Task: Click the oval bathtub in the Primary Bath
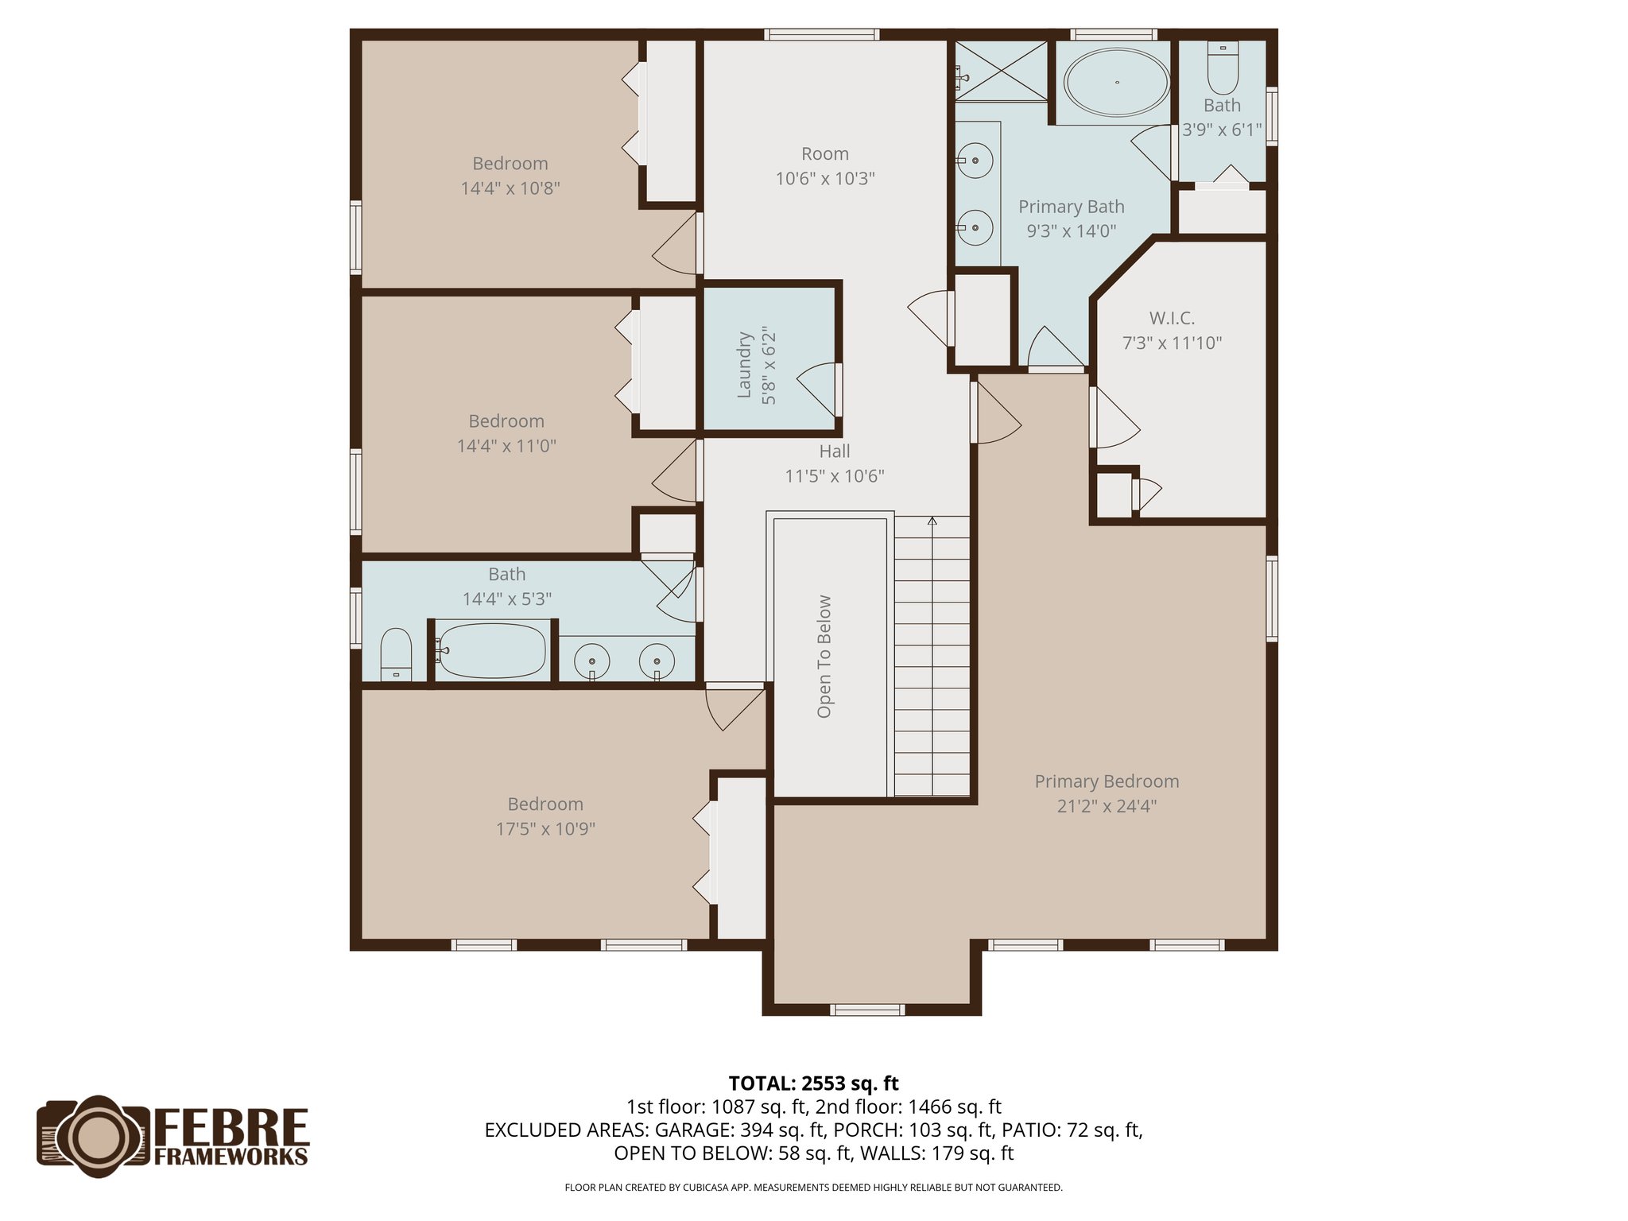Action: click(x=1116, y=82)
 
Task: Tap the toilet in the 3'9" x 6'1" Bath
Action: click(x=1223, y=69)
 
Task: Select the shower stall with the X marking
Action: click(x=1001, y=71)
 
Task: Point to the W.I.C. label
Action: click(x=1172, y=319)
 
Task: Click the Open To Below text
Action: click(x=824, y=657)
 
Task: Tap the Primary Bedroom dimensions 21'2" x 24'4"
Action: click(x=1107, y=806)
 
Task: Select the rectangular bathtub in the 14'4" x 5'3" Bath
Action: click(x=492, y=651)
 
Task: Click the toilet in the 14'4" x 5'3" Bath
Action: click(x=396, y=655)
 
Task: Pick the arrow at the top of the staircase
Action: click(x=932, y=521)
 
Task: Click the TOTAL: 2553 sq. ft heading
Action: click(x=813, y=1083)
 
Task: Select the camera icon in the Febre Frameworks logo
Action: click(x=94, y=1136)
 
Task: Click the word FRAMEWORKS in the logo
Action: click(x=231, y=1157)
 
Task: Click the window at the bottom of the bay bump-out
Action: click(x=867, y=1010)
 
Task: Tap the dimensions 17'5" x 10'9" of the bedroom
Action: click(x=545, y=829)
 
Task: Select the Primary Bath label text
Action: click(x=1071, y=207)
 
